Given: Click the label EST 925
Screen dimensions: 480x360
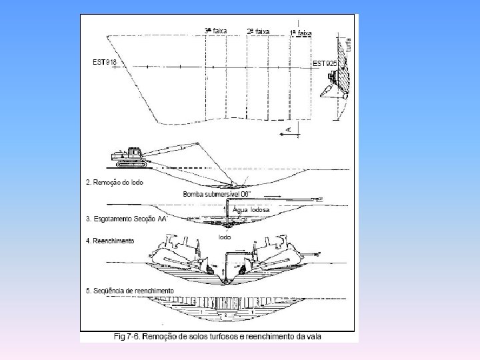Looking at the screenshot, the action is (x=326, y=63).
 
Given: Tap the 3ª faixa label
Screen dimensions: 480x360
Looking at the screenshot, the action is (x=215, y=31).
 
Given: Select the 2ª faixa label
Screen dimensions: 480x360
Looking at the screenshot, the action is (x=258, y=31).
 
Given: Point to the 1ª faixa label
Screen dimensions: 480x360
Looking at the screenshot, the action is (x=301, y=33).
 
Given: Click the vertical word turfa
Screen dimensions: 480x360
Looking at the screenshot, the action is (x=349, y=47).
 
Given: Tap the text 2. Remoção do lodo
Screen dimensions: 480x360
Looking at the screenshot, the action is (x=115, y=182).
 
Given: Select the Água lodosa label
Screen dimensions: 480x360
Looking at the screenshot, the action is (x=250, y=209).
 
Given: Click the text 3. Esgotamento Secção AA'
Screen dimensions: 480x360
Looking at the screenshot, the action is (x=126, y=219).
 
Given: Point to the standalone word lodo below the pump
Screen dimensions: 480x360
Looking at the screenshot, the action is (x=226, y=237).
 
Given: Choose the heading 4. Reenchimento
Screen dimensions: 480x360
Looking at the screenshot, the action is (x=110, y=240).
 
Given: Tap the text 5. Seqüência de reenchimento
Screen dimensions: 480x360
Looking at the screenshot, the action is (x=130, y=291).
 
